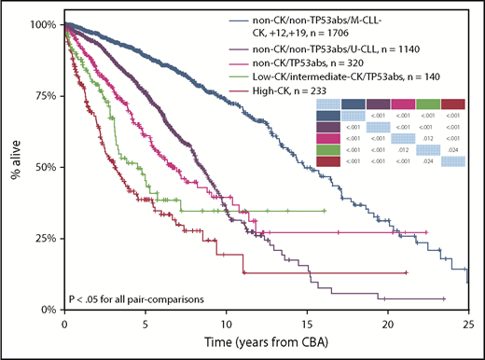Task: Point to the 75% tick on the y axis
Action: [x=41, y=95]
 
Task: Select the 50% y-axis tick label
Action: [x=41, y=167]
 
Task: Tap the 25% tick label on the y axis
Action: [x=41, y=238]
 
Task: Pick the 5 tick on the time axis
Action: [x=145, y=323]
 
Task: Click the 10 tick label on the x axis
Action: [x=226, y=323]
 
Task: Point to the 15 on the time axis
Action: [x=307, y=323]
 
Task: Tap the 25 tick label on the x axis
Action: [x=468, y=323]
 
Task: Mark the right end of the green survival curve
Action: [x=325, y=211]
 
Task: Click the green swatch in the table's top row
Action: [x=429, y=104]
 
